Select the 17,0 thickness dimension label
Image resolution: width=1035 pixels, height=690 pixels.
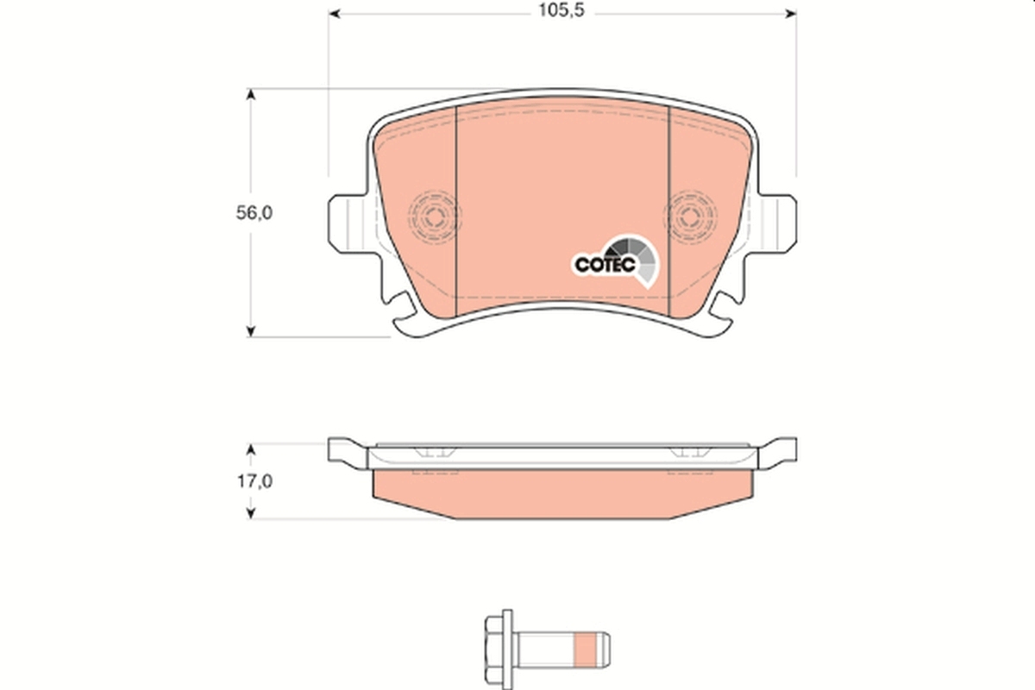[x=254, y=482]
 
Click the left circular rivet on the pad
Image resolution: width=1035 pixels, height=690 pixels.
[x=433, y=212]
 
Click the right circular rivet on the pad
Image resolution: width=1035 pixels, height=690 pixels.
[x=693, y=212]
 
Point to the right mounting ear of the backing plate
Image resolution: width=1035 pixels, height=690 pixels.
[x=776, y=222]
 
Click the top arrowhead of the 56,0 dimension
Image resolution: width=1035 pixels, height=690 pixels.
[x=251, y=94]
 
